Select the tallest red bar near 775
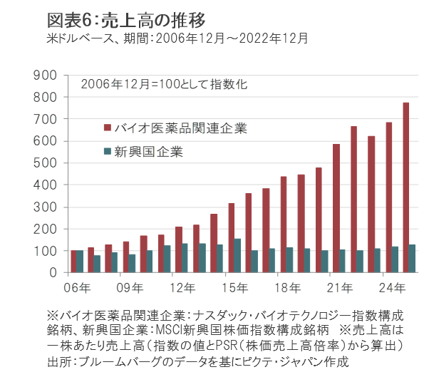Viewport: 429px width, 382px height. [x=405, y=187]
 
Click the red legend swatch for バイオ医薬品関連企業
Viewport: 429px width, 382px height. [x=108, y=128]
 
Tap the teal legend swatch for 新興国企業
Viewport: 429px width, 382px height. [x=108, y=151]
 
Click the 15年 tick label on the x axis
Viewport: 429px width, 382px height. [x=236, y=289]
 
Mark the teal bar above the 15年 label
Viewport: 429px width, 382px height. [x=237, y=255]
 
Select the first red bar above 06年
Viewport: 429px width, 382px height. [x=74, y=262]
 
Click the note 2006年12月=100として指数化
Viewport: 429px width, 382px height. [x=164, y=84]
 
